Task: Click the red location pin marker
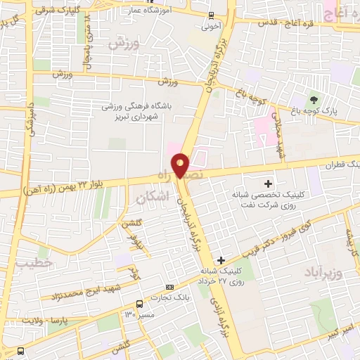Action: (181, 165)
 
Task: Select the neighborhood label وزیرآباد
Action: (323, 272)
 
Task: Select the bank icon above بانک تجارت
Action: (169, 287)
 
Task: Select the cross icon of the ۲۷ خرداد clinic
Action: (221, 260)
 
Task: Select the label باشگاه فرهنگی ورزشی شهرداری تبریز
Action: (138, 111)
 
